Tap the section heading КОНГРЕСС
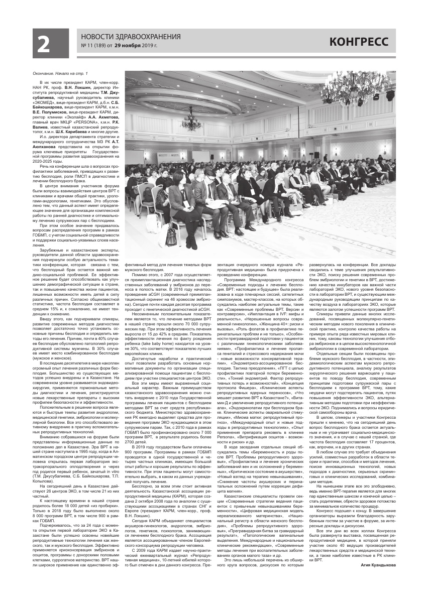pyautogui.click(x=359, y=42)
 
